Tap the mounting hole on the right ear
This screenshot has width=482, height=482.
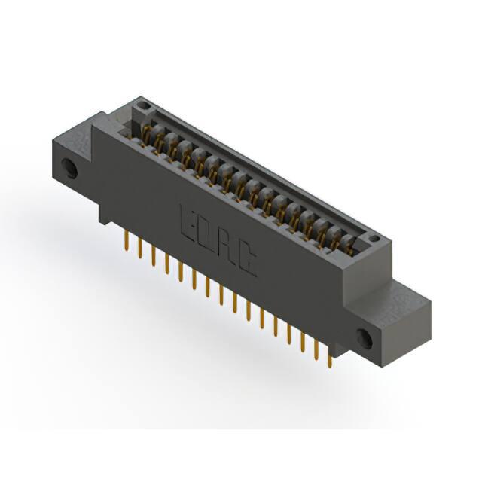click(365, 338)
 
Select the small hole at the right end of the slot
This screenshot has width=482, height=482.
click(374, 238)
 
